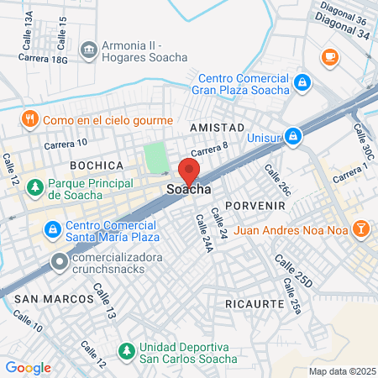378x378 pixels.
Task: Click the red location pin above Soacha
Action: coord(189,171)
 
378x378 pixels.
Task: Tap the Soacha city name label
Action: coord(189,190)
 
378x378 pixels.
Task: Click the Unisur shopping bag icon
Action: coord(292,134)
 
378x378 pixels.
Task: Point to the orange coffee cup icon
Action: coord(328,56)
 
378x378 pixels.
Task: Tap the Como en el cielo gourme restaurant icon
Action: coord(30,118)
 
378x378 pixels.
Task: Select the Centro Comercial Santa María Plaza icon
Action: coord(52,228)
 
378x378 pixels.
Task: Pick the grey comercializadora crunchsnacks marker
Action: coord(59,262)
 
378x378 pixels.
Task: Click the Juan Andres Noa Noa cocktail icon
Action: coord(360,228)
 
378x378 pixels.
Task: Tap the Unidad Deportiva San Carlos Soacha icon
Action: coord(127,349)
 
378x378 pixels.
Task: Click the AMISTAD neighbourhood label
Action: coord(217,127)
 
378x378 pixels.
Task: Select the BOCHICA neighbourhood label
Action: coord(97,165)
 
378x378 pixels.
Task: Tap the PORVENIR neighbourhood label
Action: coord(261,205)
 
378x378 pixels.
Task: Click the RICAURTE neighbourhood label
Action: coord(251,301)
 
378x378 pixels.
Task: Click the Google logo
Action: coord(28,367)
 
